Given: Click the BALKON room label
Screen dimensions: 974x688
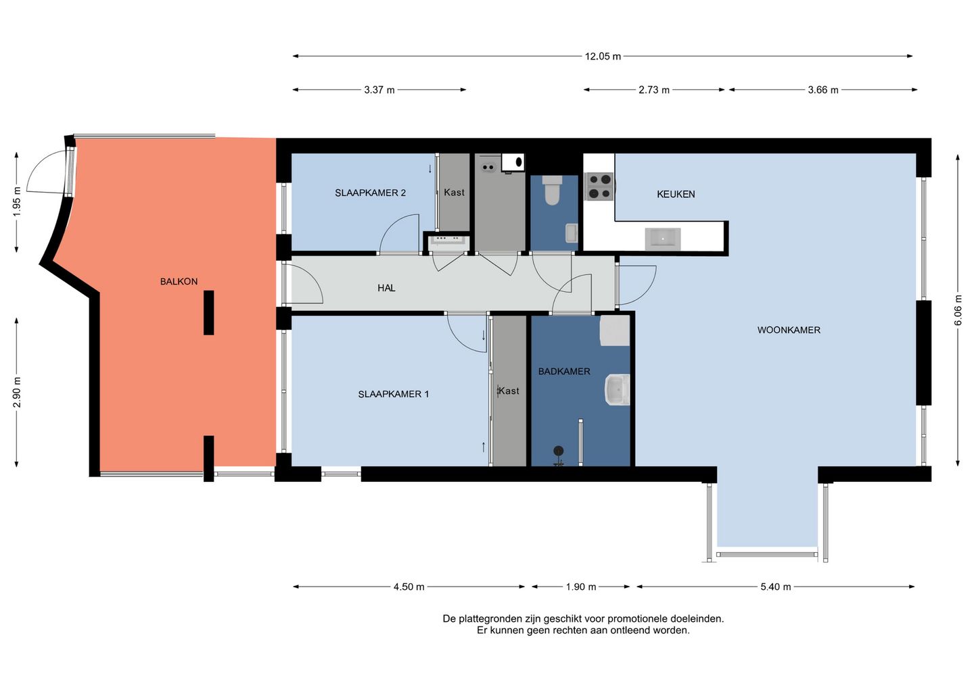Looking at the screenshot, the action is coord(179,281).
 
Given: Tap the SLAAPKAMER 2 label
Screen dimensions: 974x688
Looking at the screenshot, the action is coord(370,193).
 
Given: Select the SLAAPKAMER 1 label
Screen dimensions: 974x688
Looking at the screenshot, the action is coord(393,394).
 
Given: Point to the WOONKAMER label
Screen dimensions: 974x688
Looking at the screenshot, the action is coord(789,330).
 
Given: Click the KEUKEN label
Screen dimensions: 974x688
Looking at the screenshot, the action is coord(676,194).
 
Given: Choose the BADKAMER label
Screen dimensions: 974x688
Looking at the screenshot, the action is coord(564,371).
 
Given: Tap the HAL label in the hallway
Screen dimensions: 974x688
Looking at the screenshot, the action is coord(386,288).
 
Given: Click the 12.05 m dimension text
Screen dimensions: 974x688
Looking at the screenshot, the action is coord(603,56).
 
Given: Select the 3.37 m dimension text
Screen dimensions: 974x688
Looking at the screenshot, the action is coord(379,90).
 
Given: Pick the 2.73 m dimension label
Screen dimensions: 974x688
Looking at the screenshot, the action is coord(654,90).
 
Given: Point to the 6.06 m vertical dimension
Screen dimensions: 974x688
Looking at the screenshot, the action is coord(958,310).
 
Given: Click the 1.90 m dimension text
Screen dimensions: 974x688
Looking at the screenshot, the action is coord(581,587).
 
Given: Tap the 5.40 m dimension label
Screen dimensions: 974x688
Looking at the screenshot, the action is coord(776,587).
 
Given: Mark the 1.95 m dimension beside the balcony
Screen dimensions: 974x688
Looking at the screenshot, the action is coord(16,201).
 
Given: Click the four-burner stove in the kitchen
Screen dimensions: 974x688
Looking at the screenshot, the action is coord(601,187).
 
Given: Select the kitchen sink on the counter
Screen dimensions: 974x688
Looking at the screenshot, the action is coord(663,239).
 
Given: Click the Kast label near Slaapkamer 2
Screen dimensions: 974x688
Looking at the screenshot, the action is coord(454,193).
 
